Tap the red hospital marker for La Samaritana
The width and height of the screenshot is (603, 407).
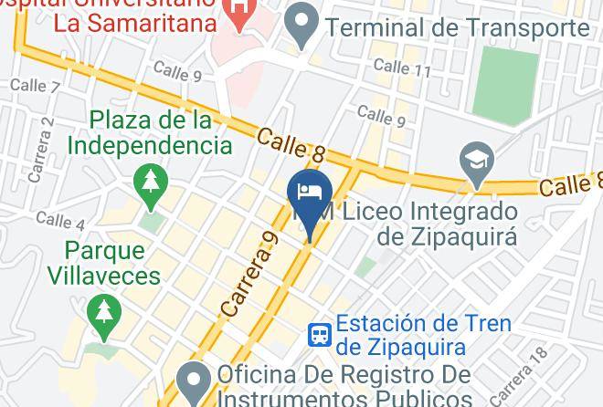239,13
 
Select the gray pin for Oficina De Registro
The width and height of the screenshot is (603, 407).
194,381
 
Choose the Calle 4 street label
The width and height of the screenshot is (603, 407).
60,220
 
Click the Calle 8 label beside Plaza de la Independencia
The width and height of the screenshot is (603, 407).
291,146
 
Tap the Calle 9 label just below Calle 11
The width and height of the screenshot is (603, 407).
381,115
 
